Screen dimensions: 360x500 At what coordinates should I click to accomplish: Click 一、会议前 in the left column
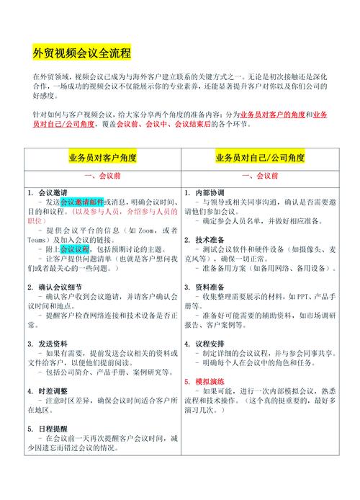pyautogui.click(x=102, y=176)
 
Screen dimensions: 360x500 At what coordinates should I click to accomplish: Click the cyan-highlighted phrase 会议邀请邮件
pyautogui.click(x=82, y=202)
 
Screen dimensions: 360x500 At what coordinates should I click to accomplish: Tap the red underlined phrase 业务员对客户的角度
pyautogui.click(x=274, y=115)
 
